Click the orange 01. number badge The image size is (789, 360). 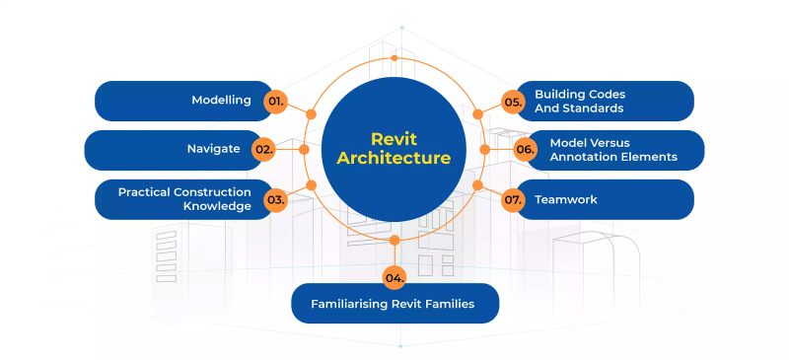coord(275,101)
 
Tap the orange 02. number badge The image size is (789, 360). coord(262,150)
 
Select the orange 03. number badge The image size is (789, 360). coord(275,199)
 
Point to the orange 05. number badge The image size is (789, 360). coord(513,101)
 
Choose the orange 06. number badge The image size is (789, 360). coord(525,150)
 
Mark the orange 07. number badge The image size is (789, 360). coord(513,199)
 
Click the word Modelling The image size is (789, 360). coord(221,101)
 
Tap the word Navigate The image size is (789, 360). coord(214,150)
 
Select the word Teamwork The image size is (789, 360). coord(566,199)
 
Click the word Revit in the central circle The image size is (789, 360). coord(394,139)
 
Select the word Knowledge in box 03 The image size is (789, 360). coord(218,206)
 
